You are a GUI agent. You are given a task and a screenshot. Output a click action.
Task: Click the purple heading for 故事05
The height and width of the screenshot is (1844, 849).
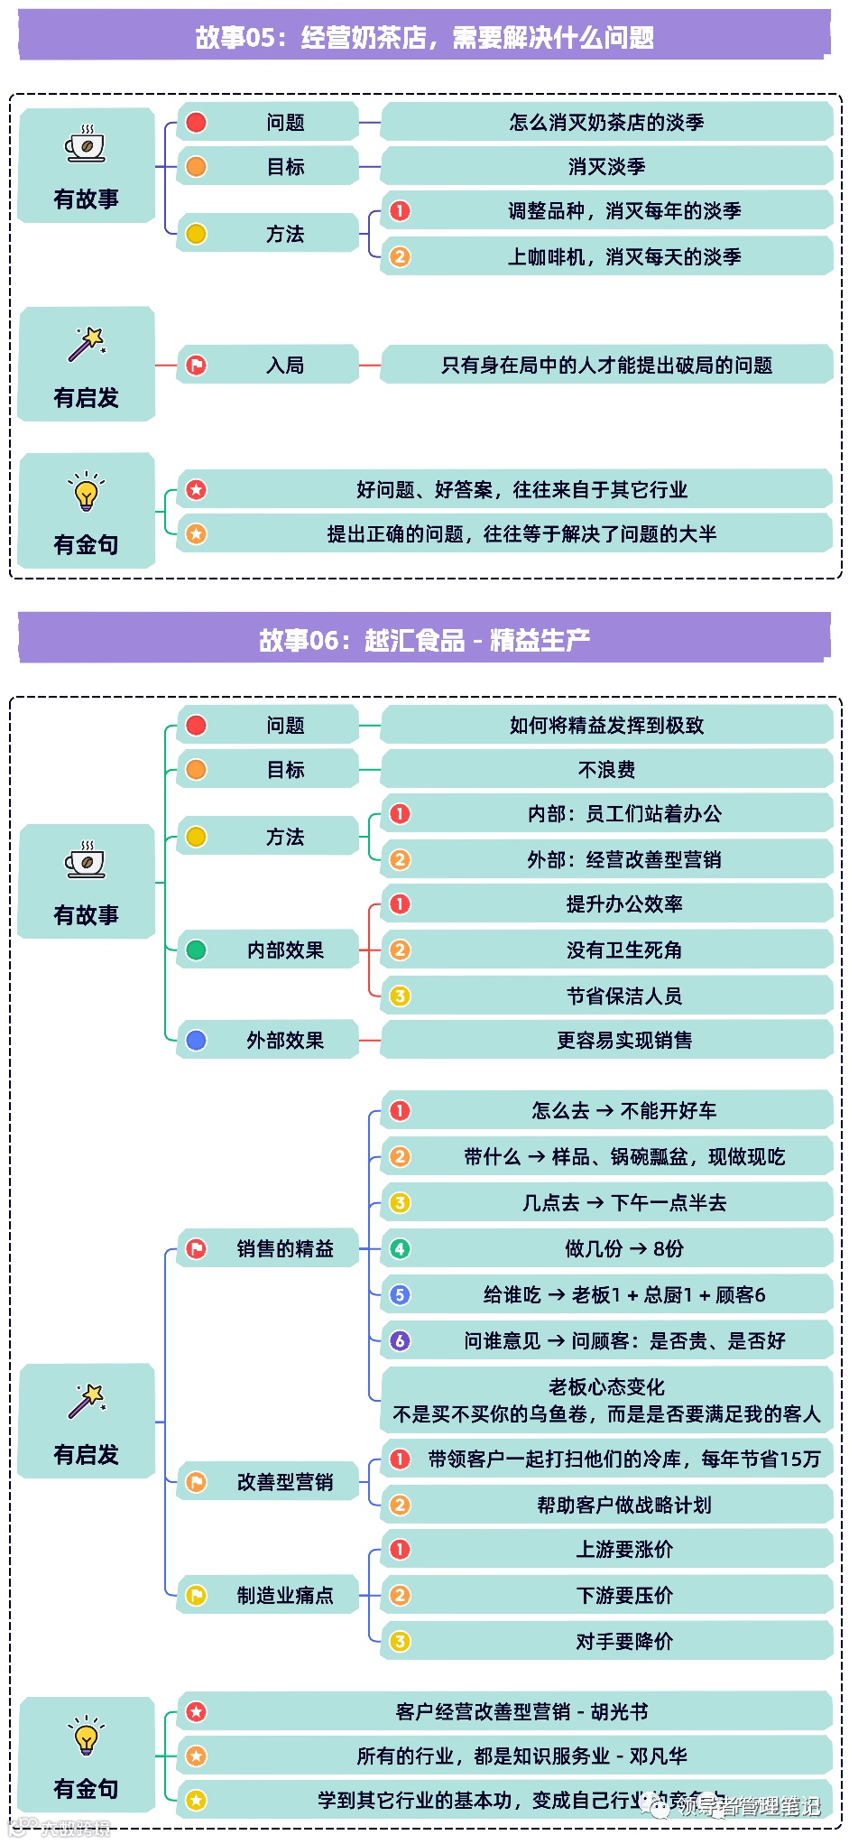[424, 37]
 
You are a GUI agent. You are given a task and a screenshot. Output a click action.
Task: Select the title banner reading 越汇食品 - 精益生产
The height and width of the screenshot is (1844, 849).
[424, 640]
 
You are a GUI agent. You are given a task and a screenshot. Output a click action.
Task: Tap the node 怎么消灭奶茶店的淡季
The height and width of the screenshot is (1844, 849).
[606, 122]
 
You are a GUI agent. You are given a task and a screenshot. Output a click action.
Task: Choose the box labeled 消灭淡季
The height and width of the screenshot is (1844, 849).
[606, 166]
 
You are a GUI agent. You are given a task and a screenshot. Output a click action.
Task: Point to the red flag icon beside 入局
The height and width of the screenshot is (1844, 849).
[196, 365]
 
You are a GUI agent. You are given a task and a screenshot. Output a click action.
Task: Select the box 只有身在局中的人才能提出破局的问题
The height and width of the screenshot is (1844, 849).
[606, 365]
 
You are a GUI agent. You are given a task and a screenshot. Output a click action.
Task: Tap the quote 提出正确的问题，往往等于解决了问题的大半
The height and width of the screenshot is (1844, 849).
[521, 533]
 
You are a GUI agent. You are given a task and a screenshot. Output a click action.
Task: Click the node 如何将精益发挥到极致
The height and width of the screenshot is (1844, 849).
[606, 725]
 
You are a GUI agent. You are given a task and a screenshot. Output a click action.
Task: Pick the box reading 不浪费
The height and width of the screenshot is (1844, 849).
[606, 769]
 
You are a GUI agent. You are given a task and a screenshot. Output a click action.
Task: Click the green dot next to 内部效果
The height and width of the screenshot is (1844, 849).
[196, 950]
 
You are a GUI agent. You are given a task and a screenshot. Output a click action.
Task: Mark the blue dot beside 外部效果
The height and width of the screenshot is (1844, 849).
[196, 1040]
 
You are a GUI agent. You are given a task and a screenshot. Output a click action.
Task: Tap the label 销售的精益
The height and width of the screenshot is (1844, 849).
[284, 1248]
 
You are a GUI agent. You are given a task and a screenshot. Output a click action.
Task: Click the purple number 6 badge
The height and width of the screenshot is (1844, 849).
[400, 1340]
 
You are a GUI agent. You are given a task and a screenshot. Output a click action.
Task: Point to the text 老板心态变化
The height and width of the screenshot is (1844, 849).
[606, 1386]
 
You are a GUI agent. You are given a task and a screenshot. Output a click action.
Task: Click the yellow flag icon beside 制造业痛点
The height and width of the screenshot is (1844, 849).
[196, 1595]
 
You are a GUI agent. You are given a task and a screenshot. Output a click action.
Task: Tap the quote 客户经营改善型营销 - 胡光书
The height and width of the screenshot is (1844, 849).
[521, 1711]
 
